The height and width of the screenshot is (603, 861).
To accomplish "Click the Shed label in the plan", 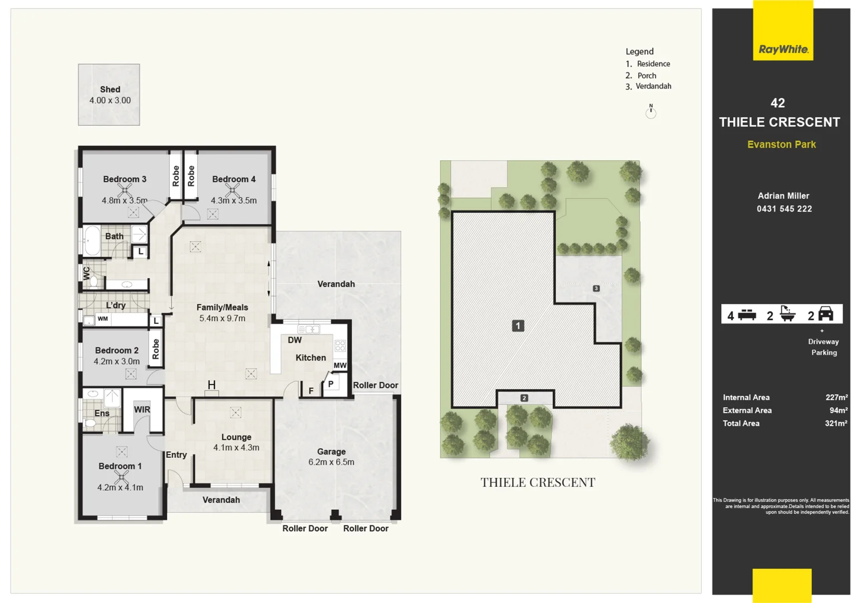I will click(110, 89).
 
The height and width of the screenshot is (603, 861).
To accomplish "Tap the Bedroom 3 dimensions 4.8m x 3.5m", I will click(124, 200).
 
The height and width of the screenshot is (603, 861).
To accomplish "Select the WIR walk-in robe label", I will click(142, 409).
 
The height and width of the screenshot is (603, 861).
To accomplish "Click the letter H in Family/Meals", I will click(212, 385).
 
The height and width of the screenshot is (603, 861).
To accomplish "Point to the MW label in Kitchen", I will click(340, 365).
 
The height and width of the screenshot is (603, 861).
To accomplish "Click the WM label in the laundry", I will click(103, 319).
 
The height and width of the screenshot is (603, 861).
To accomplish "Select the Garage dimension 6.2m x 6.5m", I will click(331, 462).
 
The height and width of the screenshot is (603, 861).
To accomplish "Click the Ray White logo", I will click(783, 49).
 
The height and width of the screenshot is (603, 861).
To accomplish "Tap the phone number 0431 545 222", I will click(784, 209).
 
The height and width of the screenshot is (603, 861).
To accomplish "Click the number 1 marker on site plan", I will click(518, 326).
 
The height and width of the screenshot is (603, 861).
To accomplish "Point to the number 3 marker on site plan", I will click(596, 289).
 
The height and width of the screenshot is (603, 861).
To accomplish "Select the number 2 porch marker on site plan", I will click(524, 398).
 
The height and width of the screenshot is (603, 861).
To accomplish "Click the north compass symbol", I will click(650, 111).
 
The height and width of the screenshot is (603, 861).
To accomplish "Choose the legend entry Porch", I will click(647, 75).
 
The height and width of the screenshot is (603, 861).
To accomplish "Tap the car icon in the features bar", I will click(825, 314).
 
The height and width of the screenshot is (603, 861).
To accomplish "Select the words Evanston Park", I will click(781, 145).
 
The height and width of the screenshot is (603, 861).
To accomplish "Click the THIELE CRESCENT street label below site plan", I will click(538, 482).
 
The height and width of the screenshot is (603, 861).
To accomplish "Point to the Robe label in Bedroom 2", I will click(156, 349).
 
